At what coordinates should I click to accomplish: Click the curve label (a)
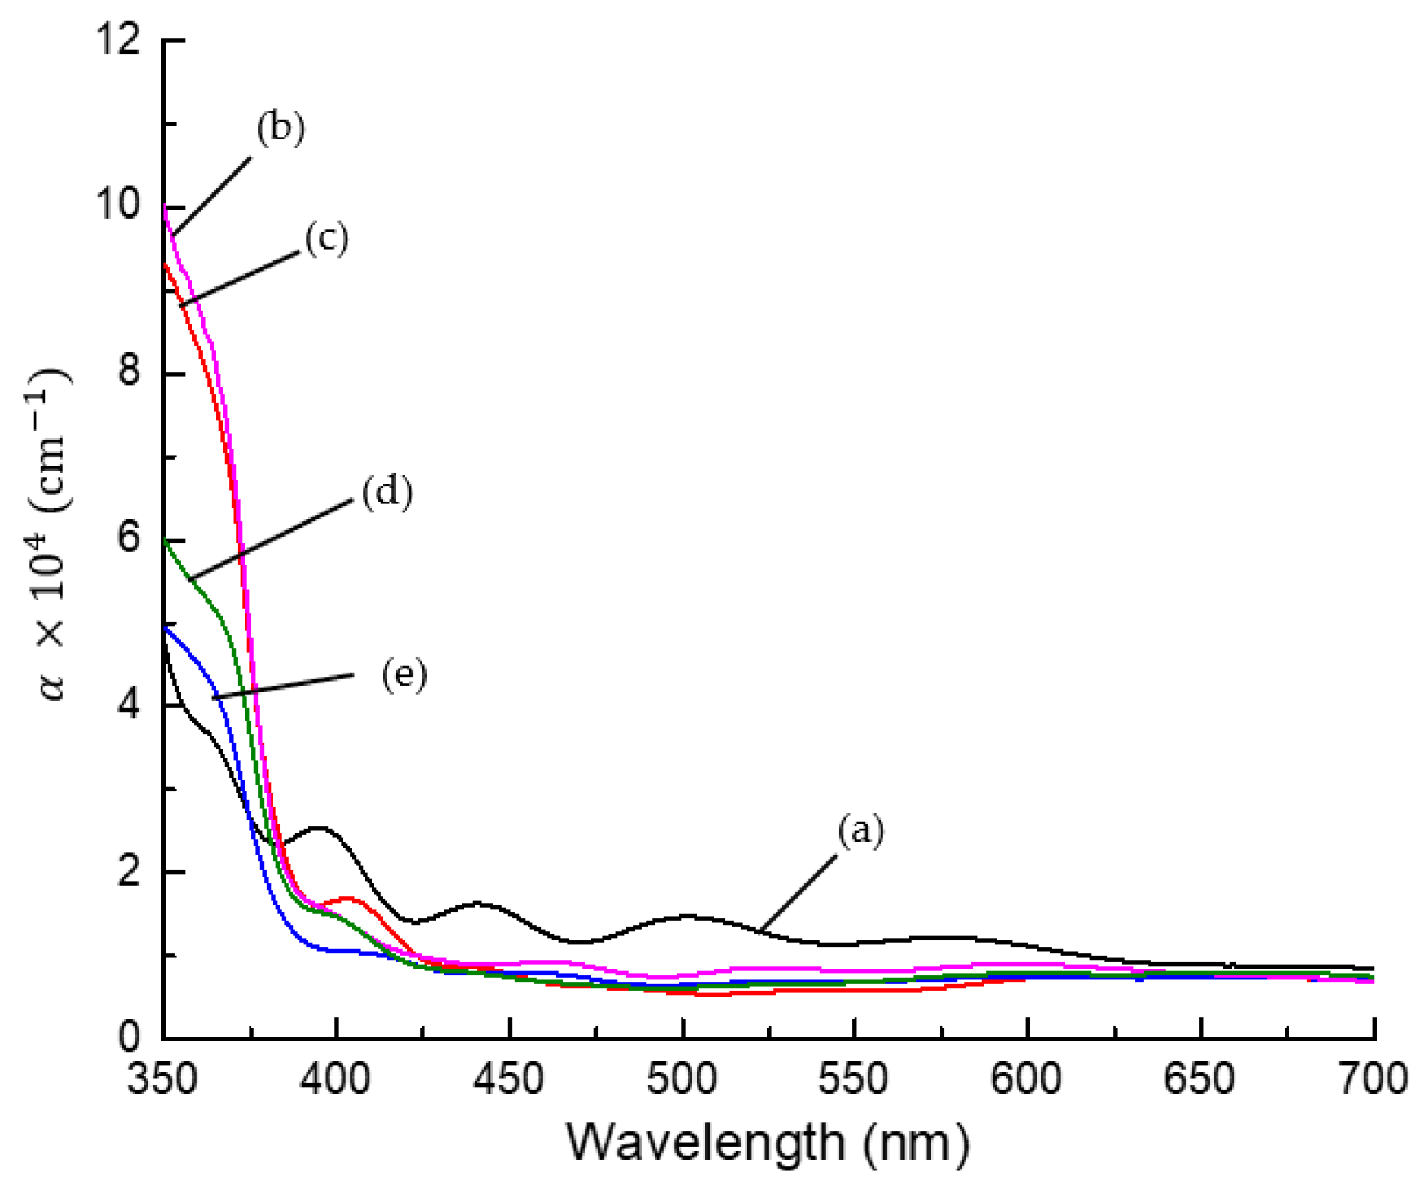860,831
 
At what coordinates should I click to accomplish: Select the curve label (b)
281,129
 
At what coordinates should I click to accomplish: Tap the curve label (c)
326,238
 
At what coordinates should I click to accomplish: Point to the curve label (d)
387,493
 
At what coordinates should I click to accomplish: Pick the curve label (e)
404,675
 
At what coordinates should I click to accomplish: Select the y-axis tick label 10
116,206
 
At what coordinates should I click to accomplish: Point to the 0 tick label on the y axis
128,1037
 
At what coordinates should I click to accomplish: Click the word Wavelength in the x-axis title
706,1143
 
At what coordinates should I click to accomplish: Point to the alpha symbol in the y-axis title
54,687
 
